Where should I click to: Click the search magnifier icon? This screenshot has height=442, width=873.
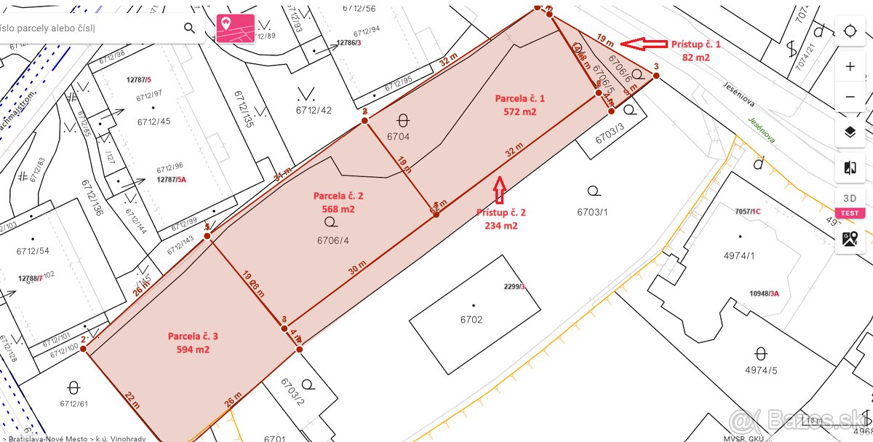point(189,28)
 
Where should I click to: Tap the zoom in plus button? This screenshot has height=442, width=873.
point(850,66)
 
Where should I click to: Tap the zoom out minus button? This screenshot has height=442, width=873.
point(850,97)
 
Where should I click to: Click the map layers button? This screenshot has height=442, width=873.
point(850,132)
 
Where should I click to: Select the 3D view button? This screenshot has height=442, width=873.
point(850,198)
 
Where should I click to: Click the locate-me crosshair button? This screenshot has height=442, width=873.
point(850,31)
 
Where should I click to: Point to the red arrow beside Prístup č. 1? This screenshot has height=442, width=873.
point(646,44)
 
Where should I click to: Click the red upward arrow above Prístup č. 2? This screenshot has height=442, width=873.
point(499,189)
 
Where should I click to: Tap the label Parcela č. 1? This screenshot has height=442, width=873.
point(519,98)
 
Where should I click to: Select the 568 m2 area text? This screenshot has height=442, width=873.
point(338,209)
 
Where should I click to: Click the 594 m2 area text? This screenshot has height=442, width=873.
point(193,350)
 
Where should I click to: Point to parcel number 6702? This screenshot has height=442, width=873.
point(471,319)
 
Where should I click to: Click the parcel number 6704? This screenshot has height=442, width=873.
point(399,136)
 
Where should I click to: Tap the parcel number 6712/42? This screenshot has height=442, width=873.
point(314,110)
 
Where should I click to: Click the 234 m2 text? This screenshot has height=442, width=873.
point(501,226)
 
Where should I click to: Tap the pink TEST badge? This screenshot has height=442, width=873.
point(850,213)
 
